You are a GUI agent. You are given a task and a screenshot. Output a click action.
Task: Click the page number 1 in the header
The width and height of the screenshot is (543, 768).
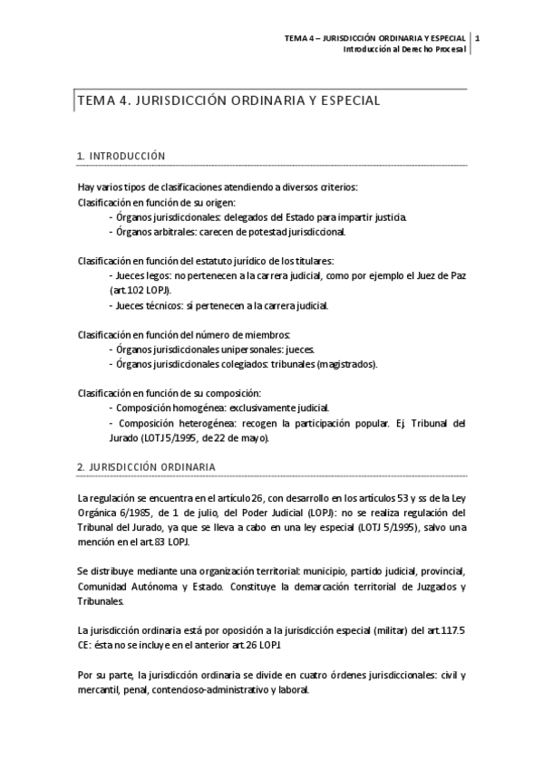(477, 38)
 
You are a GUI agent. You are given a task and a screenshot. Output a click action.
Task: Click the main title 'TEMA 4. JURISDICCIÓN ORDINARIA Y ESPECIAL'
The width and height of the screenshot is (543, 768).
(228, 101)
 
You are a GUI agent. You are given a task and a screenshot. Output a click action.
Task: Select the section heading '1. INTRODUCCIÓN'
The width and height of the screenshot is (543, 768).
(121, 156)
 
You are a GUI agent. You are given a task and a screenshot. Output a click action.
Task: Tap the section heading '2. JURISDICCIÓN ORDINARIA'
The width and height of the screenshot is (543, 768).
(146, 466)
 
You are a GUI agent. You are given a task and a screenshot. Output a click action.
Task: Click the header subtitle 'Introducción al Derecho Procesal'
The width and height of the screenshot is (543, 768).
(403, 49)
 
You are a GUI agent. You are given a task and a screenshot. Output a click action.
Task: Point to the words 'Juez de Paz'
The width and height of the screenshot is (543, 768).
(440, 275)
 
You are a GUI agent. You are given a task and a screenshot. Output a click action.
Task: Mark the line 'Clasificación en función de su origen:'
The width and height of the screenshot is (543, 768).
(156, 202)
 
